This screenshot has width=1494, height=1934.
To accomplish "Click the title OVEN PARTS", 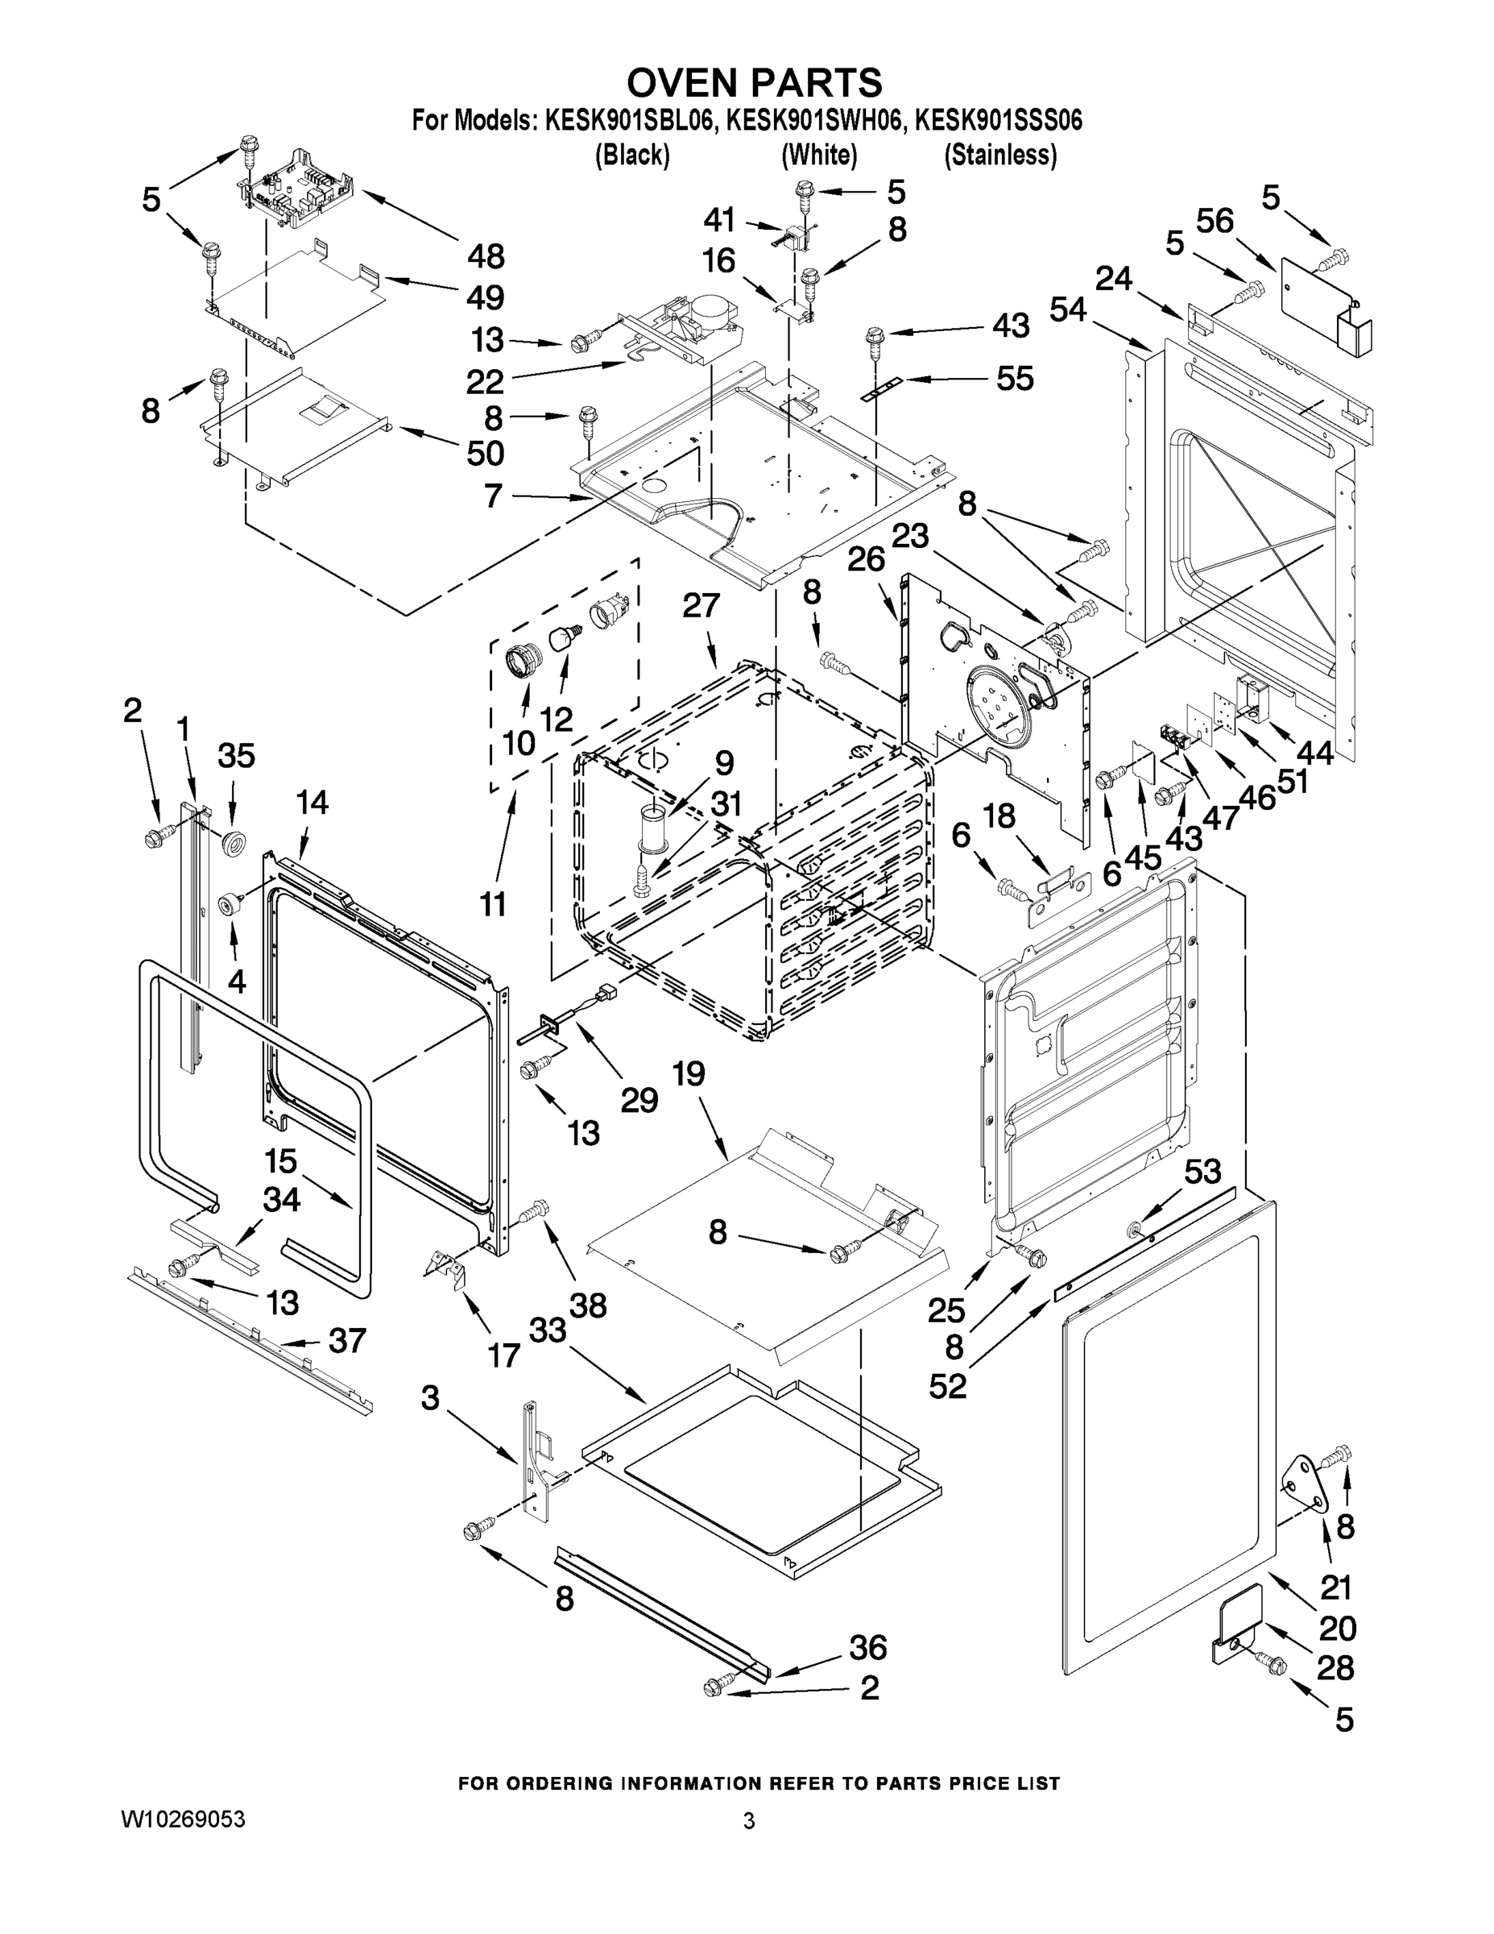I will [x=754, y=82].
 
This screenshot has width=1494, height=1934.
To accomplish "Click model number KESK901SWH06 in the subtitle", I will [x=815, y=120].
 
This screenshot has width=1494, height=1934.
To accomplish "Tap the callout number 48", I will [x=486, y=257].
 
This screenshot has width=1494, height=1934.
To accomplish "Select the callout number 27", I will [x=701, y=606].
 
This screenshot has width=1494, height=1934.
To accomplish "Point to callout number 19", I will [x=689, y=1074].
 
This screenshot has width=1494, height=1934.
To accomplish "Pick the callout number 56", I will [x=1215, y=222].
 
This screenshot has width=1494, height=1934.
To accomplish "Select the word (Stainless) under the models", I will [x=1000, y=155].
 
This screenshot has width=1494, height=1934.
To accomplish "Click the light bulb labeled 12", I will [x=563, y=637].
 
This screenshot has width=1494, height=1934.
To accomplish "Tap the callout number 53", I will [x=1202, y=1172].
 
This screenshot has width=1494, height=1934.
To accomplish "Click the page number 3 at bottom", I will [x=749, y=1821].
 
